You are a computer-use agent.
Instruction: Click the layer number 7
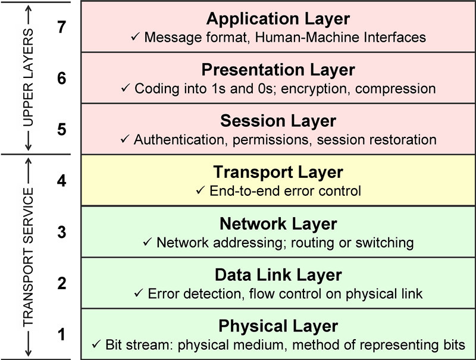(61, 27)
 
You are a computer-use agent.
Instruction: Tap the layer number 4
(61, 181)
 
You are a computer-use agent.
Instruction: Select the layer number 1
(61, 335)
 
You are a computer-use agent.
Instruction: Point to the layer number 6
(61, 78)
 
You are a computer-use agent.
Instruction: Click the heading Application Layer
(278, 18)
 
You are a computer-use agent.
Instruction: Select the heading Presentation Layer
(278, 70)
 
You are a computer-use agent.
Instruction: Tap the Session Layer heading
(278, 121)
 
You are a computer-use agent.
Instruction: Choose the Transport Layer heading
(278, 173)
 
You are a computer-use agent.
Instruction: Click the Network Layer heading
(278, 224)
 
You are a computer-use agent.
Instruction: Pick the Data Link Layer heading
(278, 275)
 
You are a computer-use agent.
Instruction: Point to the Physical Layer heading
(278, 326)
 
